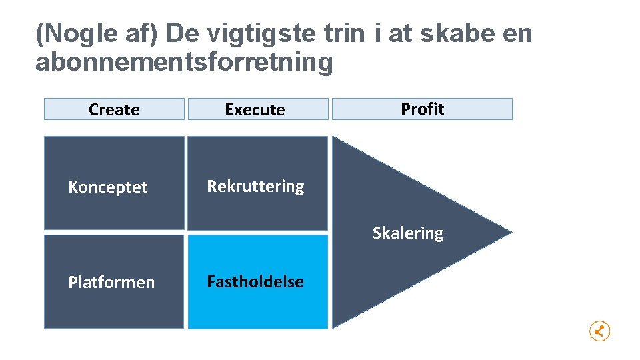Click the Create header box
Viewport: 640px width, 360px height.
(x=114, y=109)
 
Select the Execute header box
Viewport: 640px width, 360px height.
(x=258, y=109)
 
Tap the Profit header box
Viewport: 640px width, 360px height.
(x=422, y=109)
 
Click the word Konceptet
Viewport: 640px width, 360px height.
(x=108, y=187)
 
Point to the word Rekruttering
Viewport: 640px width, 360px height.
(x=255, y=187)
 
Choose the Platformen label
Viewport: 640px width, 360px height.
(x=111, y=283)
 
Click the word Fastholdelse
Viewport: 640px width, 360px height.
(x=255, y=282)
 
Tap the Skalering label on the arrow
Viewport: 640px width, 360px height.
(x=407, y=233)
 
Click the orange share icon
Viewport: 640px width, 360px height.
(x=599, y=331)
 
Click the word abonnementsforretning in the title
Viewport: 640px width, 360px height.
(x=183, y=62)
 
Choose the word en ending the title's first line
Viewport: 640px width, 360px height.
(x=517, y=33)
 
